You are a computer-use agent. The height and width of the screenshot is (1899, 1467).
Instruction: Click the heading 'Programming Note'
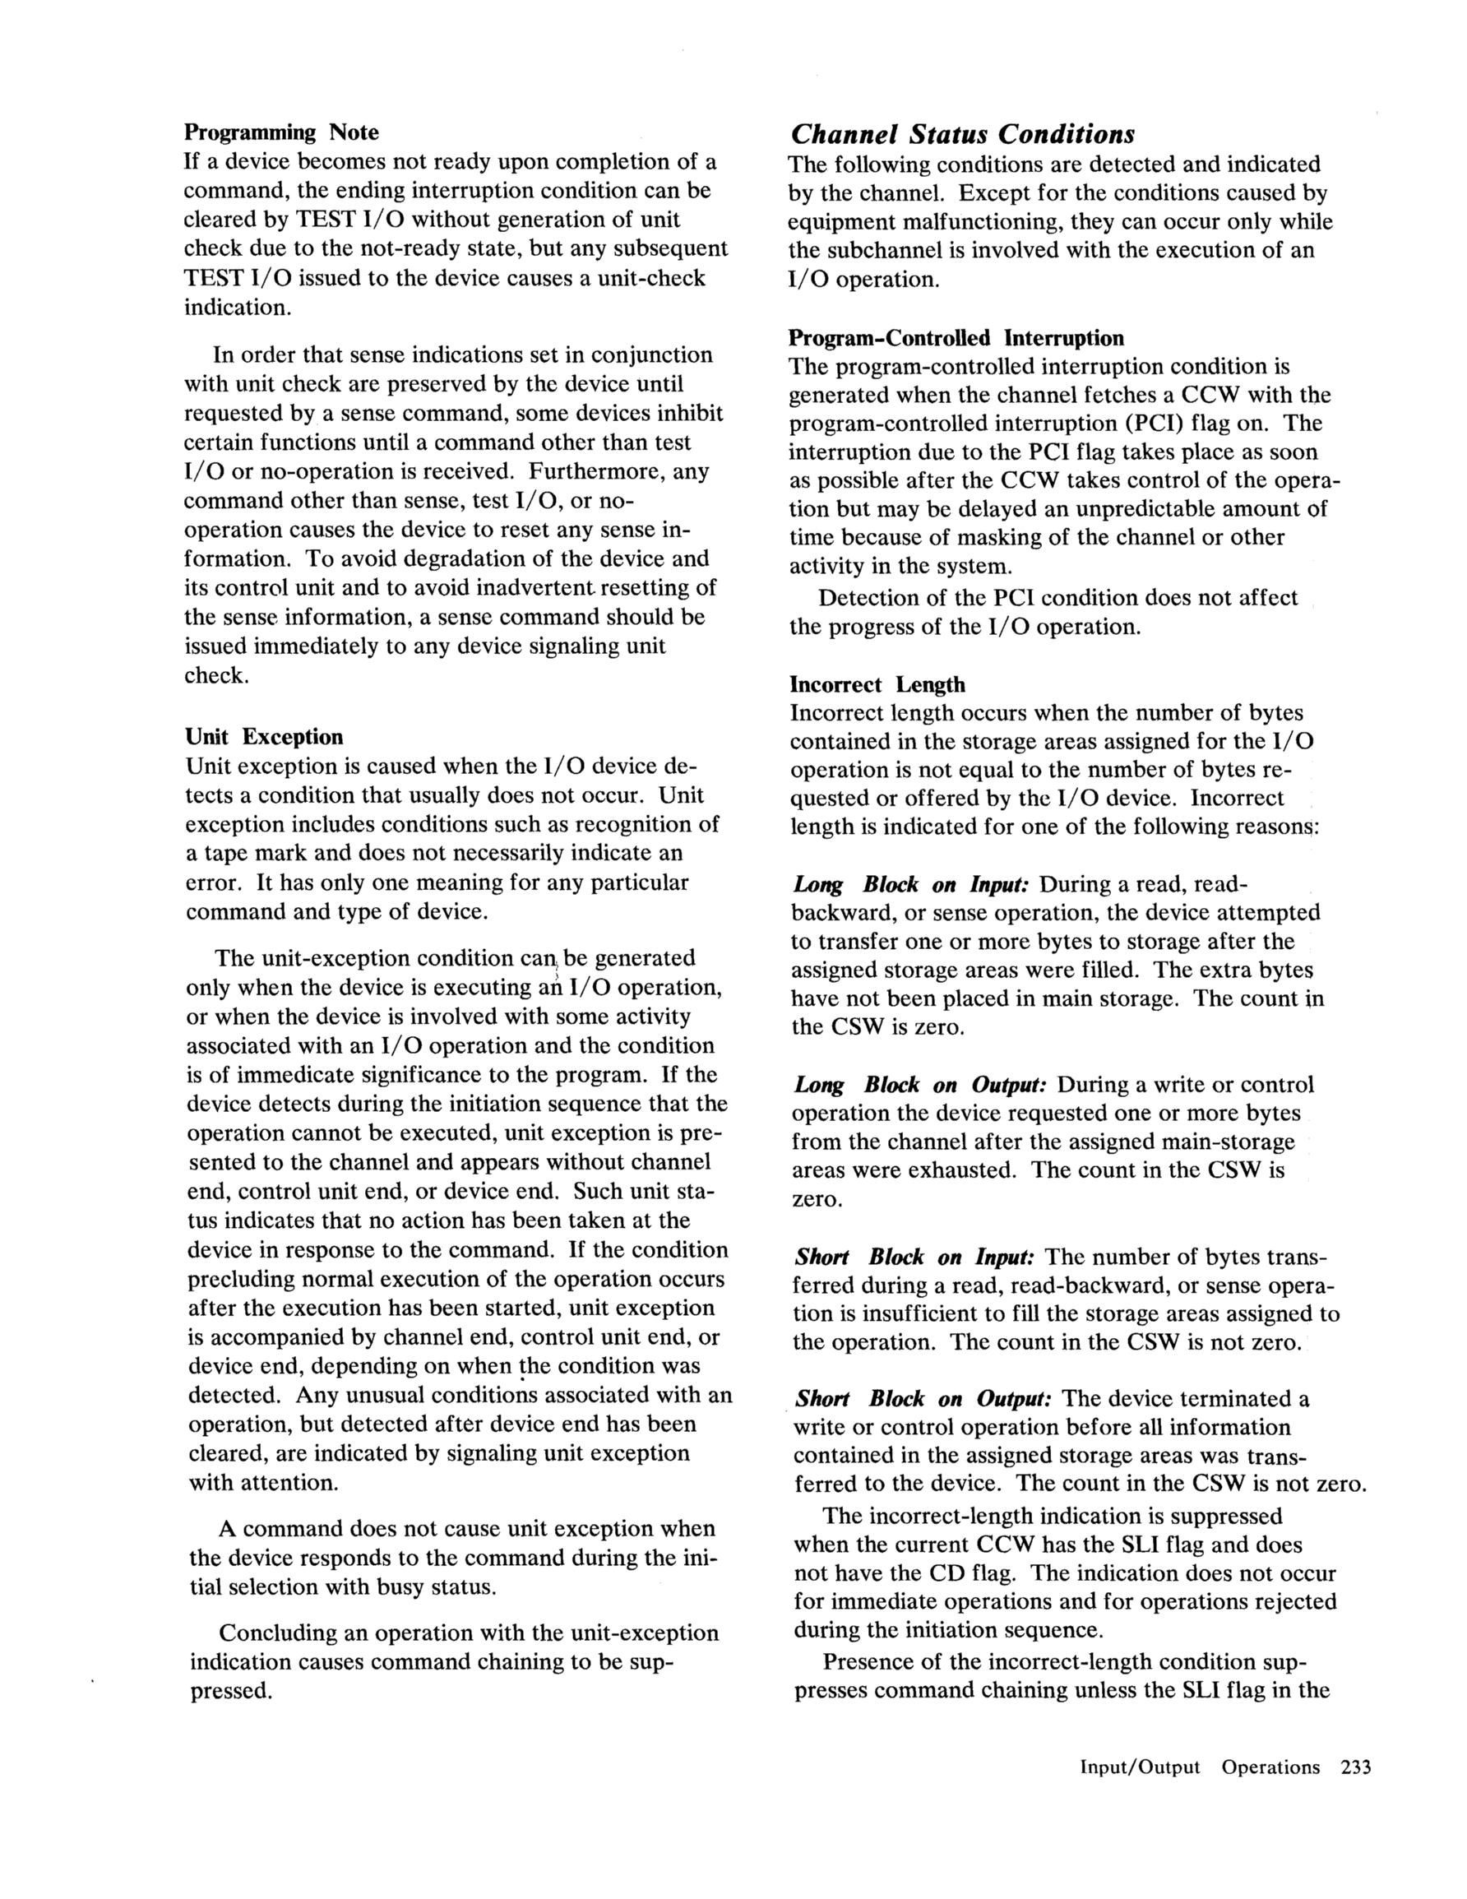pyautogui.click(x=281, y=133)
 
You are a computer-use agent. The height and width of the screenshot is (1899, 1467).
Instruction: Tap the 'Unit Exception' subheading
pyautogui.click(x=264, y=738)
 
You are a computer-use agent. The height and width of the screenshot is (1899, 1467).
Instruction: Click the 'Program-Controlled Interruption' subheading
pyautogui.click(x=956, y=338)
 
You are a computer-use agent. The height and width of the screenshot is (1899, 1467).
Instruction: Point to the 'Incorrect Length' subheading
pyautogui.click(x=877, y=685)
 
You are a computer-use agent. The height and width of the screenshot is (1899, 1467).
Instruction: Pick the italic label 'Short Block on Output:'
pyautogui.click(x=924, y=1399)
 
